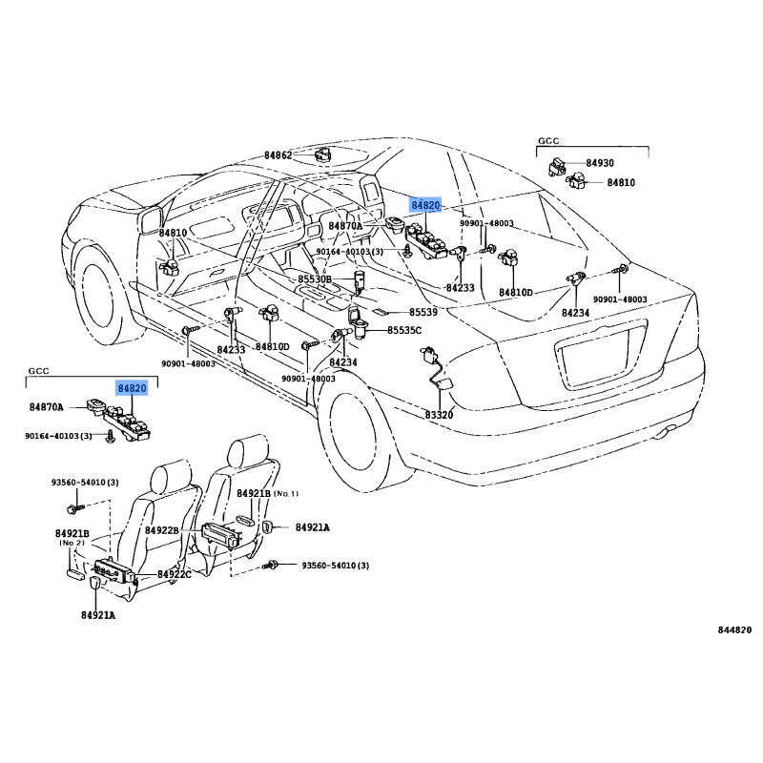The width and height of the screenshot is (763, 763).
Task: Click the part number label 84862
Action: tap(278, 155)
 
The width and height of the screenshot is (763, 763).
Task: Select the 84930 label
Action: tap(600, 164)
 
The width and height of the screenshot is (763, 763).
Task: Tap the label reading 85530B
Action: tap(315, 280)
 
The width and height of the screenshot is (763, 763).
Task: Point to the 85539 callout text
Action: tap(423, 313)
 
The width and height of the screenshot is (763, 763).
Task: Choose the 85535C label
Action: tap(403, 331)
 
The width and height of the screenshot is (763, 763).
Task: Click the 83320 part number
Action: tap(439, 415)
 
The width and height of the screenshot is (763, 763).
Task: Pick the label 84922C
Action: tap(175, 574)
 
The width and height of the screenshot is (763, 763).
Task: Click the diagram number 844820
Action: tap(735, 630)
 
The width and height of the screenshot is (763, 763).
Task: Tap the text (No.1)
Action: tap(286, 494)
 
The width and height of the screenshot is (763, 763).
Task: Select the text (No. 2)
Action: tap(73, 543)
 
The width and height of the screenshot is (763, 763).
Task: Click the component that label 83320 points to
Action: tap(429, 360)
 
